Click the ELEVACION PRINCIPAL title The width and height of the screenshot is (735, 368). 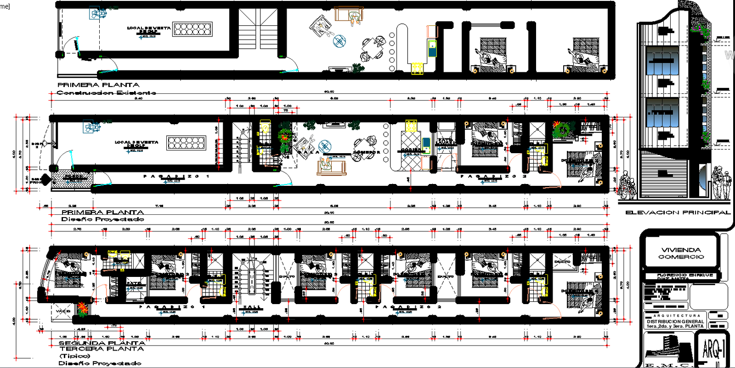click(x=678, y=213)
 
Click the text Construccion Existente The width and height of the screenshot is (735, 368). click(x=106, y=92)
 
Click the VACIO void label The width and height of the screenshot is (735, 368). click(x=63, y=311)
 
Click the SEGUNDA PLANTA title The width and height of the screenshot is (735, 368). click(x=102, y=343)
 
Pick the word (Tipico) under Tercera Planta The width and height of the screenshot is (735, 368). click(x=75, y=356)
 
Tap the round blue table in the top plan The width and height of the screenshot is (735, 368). click(x=339, y=41)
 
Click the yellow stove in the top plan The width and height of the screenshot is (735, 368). click(x=417, y=69)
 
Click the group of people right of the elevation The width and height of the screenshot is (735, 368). click(x=721, y=184)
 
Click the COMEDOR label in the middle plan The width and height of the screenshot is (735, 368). click(x=366, y=152)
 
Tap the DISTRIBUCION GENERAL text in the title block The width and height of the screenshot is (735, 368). click(x=675, y=322)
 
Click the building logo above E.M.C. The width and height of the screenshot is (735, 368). click(x=668, y=350)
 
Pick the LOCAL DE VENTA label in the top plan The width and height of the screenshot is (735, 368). click(x=148, y=29)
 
